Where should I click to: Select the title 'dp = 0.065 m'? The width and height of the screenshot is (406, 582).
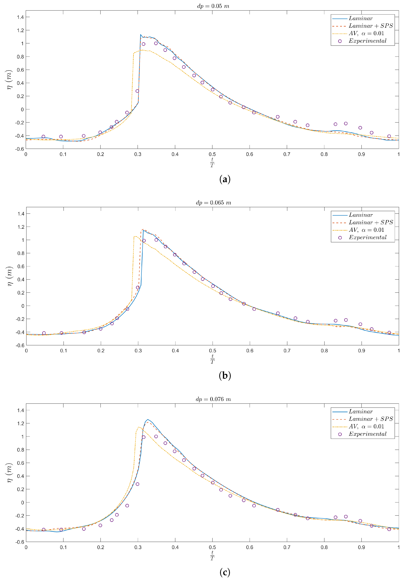(213, 203)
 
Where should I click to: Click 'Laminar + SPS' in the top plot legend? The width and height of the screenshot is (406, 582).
(371, 26)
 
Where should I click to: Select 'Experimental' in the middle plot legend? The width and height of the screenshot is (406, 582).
(368, 238)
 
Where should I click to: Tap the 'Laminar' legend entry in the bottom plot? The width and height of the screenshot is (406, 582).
(361, 411)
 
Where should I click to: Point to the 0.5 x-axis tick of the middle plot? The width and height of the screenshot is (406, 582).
(213, 351)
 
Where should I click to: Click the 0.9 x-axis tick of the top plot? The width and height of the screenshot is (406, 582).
(361, 154)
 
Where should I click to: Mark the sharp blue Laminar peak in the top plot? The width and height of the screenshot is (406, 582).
(141, 34)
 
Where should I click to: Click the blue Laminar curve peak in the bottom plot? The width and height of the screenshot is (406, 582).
(148, 420)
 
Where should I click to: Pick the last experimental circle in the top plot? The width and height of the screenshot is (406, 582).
(389, 136)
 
